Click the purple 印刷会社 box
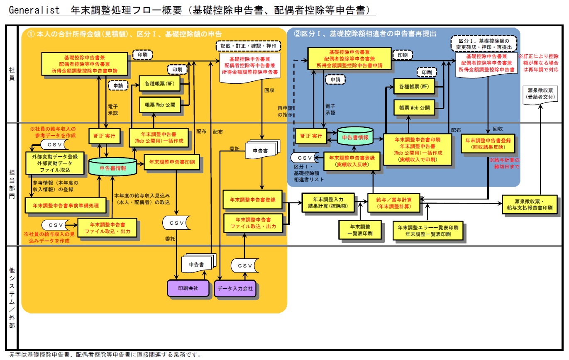[x=188, y=288]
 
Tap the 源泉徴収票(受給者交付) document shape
[x=540, y=94]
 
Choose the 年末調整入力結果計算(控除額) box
[x=328, y=202]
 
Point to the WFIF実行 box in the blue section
[x=311, y=137]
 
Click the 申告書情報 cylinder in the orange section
[x=112, y=168]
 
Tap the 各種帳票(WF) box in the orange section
[x=159, y=83]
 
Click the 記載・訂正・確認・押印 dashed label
[x=248, y=46]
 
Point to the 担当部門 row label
[x=12, y=184]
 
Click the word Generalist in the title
[x=34, y=10]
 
